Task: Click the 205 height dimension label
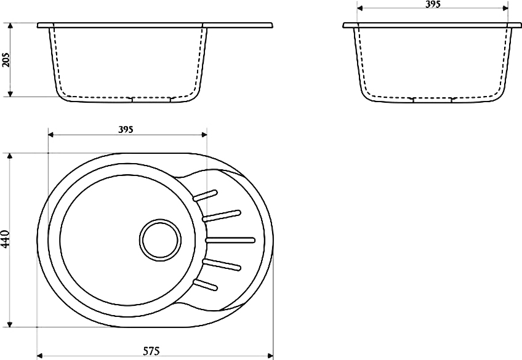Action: [6, 60]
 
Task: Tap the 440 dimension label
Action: [6, 239]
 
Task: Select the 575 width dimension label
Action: [151, 351]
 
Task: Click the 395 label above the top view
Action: [126, 129]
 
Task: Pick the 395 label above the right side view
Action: [433, 4]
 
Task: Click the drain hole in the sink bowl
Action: [161, 239]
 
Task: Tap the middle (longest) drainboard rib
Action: [230, 240]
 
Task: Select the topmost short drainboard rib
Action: [205, 195]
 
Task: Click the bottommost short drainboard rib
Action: [205, 284]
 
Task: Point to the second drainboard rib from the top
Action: [222, 215]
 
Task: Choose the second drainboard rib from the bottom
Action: [222, 265]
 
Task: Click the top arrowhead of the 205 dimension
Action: [10, 26]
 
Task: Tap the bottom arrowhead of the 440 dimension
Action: [10, 324]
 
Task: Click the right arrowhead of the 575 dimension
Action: [270, 356]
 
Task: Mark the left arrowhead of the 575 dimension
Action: [40, 356]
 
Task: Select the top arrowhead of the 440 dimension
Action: [10, 157]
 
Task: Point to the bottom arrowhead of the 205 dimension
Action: [10, 94]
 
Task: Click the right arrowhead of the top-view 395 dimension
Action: [203, 134]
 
